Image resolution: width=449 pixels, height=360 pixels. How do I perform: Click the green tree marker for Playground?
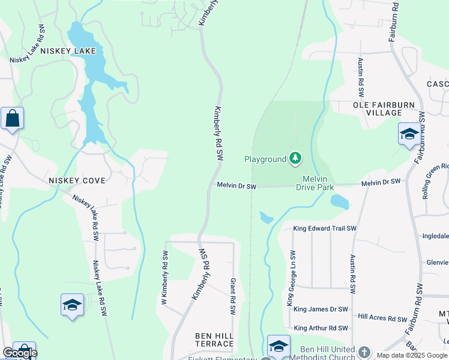[x=295, y=158]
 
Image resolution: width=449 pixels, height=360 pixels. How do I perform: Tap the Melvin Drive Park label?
[x=315, y=183]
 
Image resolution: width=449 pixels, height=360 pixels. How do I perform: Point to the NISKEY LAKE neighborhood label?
[x=68, y=51]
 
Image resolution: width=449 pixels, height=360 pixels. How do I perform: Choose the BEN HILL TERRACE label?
[x=214, y=340]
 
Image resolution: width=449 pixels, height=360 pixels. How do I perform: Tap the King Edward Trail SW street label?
[x=325, y=229]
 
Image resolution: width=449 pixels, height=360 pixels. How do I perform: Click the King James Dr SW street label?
[x=321, y=309]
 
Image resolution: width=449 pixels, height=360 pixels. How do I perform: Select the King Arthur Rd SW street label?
[x=321, y=328]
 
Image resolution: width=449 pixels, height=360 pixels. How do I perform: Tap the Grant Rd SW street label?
[x=232, y=297]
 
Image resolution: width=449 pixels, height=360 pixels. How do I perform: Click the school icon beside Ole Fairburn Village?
[x=409, y=134]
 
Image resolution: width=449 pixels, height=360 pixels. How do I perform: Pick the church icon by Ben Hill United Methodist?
[x=364, y=351]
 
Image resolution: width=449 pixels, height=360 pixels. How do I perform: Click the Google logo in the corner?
[x=19, y=353]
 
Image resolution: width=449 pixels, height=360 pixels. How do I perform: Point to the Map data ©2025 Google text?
[x=412, y=355]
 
